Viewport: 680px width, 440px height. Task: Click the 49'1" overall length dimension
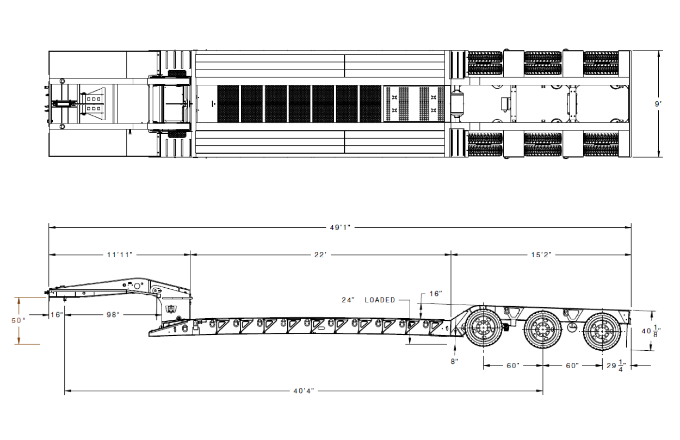[x=340, y=227]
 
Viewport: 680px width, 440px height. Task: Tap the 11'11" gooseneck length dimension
[x=120, y=255]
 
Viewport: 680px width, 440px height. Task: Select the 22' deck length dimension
[x=320, y=255]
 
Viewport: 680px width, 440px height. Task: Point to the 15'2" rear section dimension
[x=541, y=255]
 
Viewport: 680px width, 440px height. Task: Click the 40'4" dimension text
[x=304, y=391]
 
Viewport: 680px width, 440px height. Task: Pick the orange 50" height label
[x=18, y=320]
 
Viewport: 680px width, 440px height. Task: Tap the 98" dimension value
[x=113, y=315]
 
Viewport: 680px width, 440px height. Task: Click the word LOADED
[x=380, y=300]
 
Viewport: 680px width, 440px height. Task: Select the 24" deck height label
[x=348, y=300]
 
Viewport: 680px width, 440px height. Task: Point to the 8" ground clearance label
[x=454, y=361]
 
